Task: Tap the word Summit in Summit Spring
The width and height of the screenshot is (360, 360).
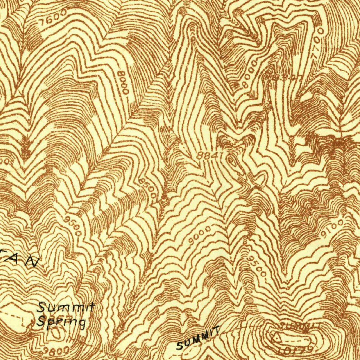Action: point(66,308)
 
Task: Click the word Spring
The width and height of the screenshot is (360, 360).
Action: point(62,321)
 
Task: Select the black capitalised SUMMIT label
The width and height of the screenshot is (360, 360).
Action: point(198,338)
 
